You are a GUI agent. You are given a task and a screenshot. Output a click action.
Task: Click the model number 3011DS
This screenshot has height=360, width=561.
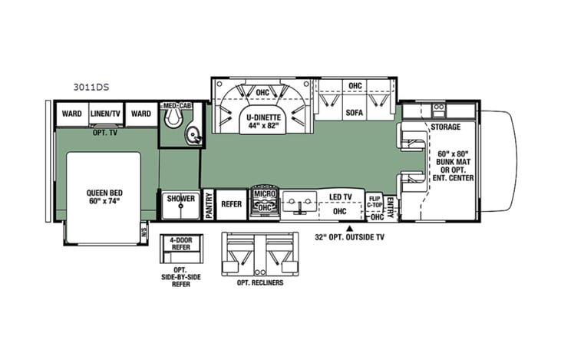pos(87,88)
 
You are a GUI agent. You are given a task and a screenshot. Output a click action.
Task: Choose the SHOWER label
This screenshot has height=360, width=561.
pos(180,198)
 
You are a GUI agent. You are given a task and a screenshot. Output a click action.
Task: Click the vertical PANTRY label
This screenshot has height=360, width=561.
pos(208,206)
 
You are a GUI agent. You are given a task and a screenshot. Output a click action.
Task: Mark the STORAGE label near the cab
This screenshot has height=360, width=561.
pos(445,127)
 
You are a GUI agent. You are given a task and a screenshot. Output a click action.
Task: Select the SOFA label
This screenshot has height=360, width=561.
pos(354,112)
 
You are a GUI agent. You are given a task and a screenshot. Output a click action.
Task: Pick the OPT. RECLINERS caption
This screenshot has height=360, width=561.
pos(261,283)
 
